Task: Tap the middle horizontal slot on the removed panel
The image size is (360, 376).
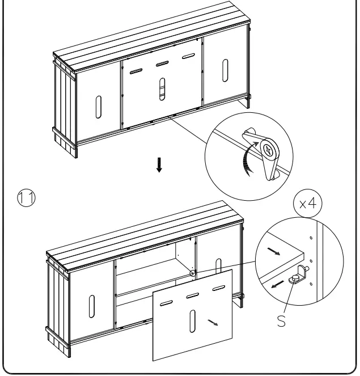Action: pos(192,296)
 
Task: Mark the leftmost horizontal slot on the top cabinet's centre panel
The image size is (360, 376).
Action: pos(136,71)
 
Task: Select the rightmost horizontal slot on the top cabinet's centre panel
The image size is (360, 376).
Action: pos(188,56)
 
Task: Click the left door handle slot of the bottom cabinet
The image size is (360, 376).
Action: pos(91,306)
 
